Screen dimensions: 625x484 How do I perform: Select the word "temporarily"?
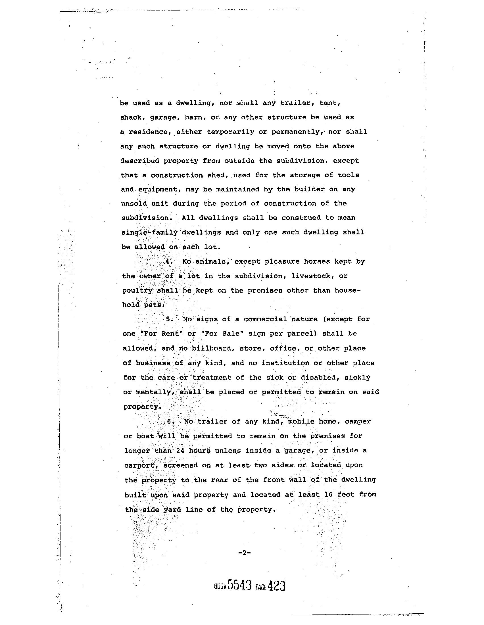230,132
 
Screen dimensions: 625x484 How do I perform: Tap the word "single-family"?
150,232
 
